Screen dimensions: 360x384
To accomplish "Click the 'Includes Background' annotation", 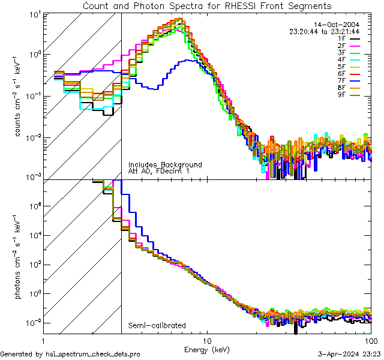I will coord(165,164).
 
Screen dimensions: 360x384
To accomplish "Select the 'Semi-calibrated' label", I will coord(157,325).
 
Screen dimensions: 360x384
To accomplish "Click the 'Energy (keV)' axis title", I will coord(207,349).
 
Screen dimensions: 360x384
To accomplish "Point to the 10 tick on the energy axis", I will coord(207,341).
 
